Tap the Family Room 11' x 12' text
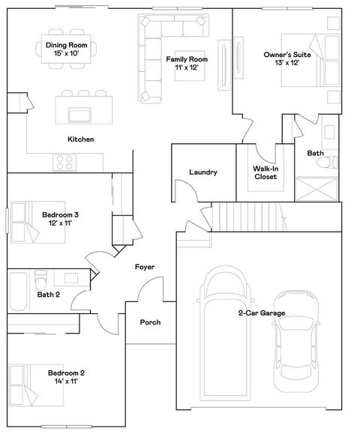point(187,63)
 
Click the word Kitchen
point(80,139)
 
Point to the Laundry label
point(203,172)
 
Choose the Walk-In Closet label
point(265,173)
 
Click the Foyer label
point(145,268)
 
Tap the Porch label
point(151,322)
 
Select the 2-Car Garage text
point(262,313)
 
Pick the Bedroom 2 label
point(66,377)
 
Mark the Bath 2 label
point(49,295)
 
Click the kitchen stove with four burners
point(64,161)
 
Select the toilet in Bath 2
point(40,281)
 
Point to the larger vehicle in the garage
point(226,330)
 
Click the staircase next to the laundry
point(248,218)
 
